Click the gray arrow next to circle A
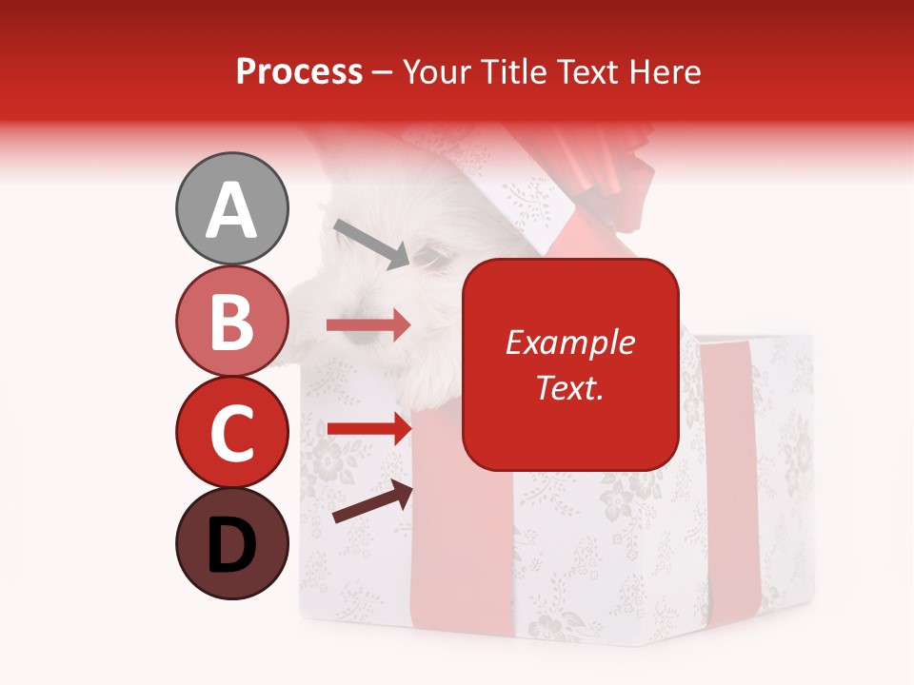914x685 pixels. pyautogui.click(x=371, y=243)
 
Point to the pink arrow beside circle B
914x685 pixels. pyautogui.click(x=368, y=325)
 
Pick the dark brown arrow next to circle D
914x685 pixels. pyautogui.click(x=372, y=502)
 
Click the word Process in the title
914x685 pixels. pyautogui.click(x=299, y=71)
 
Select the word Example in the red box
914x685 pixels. pyautogui.click(x=569, y=342)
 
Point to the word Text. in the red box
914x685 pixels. pyautogui.click(x=569, y=387)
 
